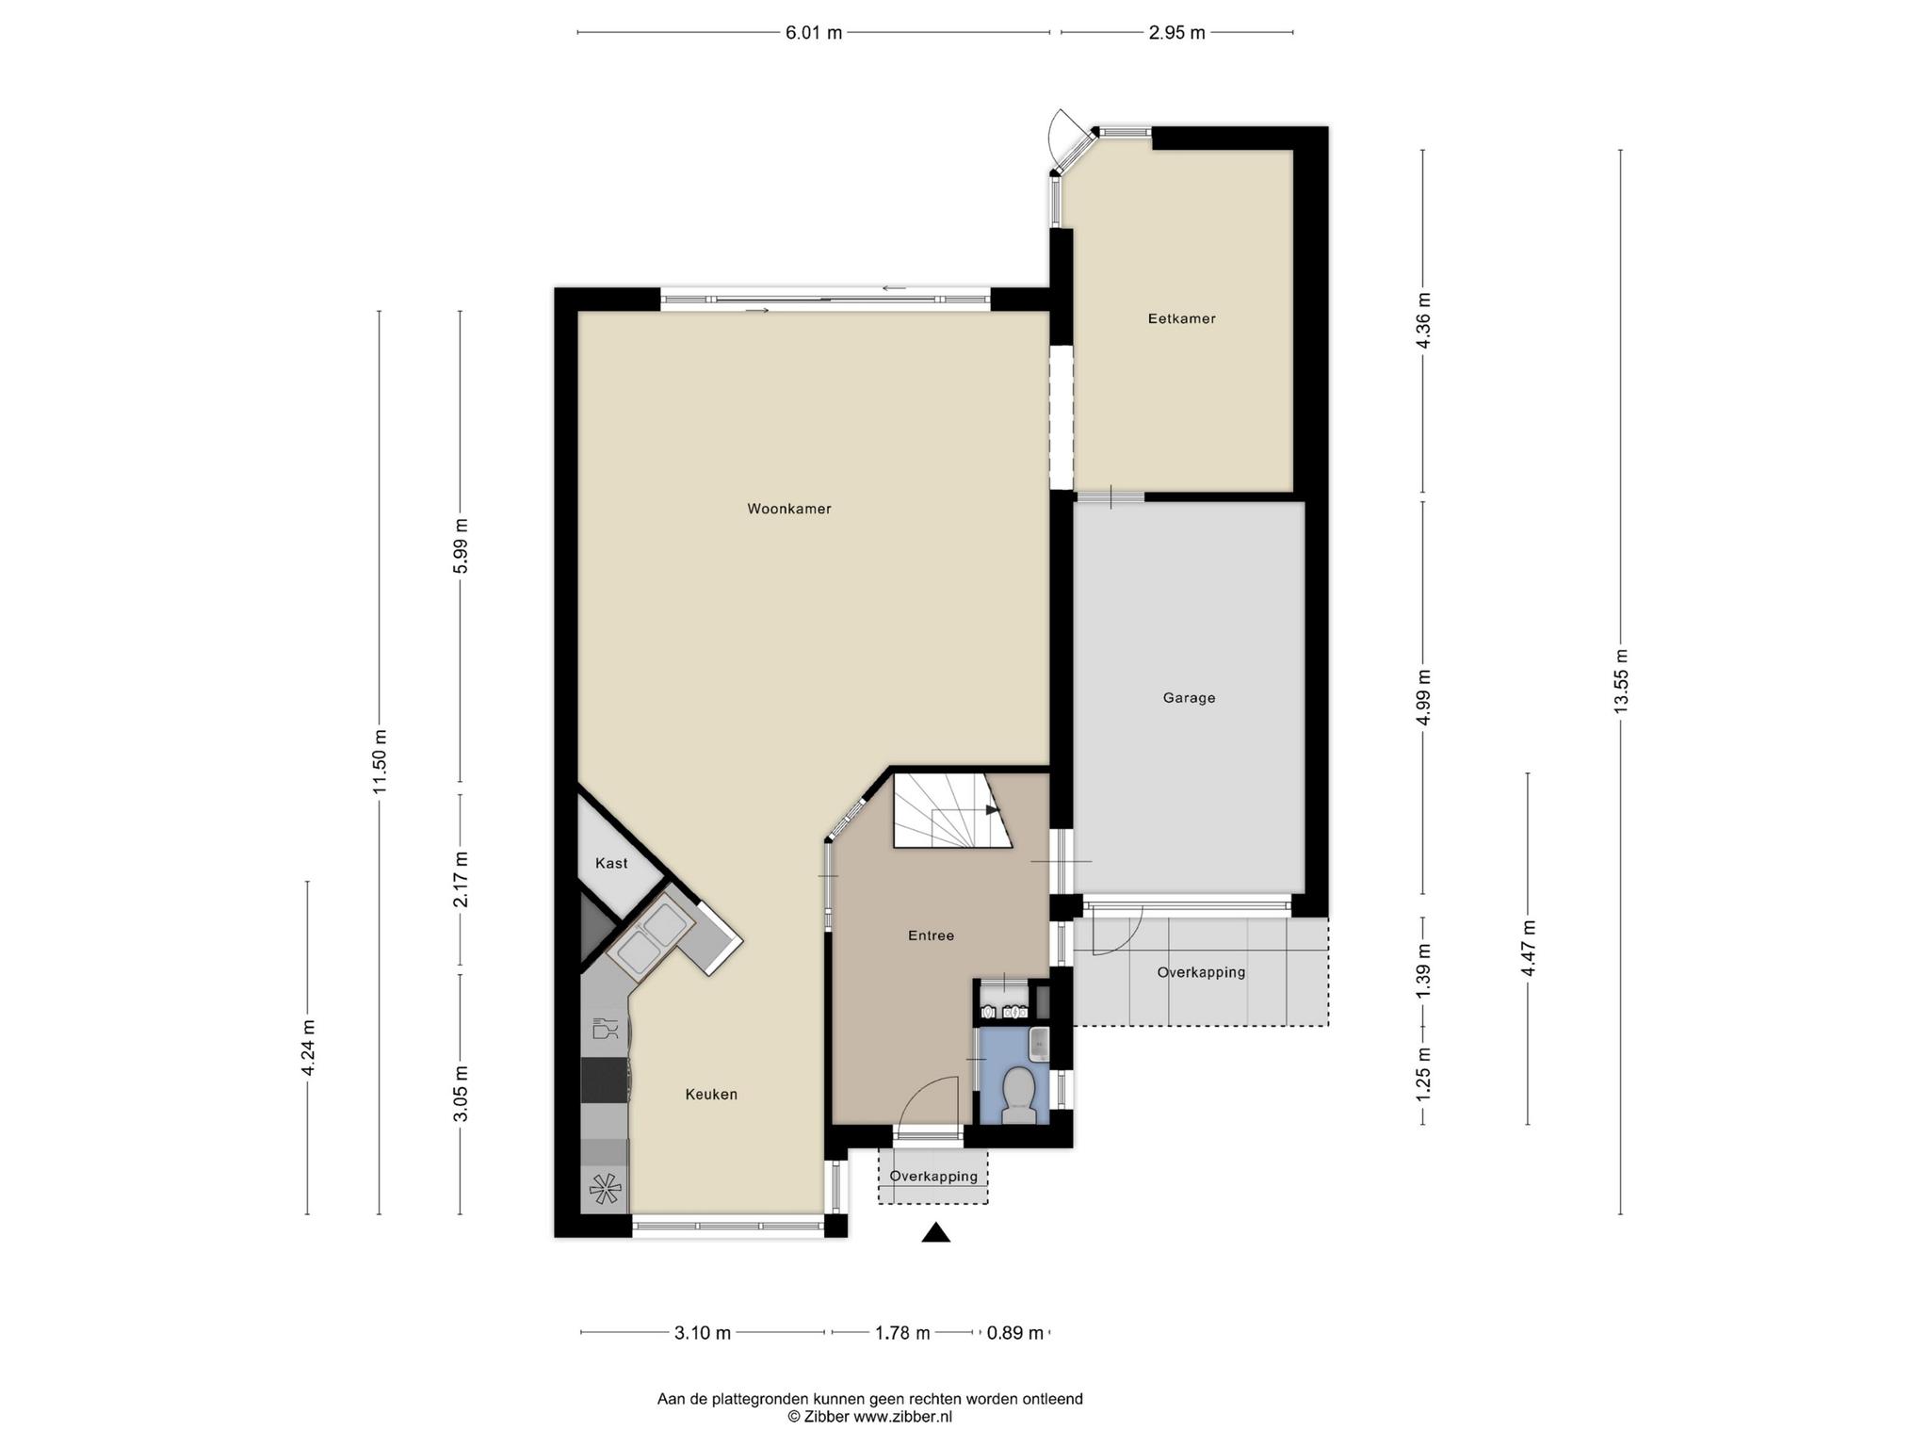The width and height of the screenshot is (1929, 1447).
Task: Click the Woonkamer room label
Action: (789, 509)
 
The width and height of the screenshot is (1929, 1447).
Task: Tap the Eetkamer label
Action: (1181, 318)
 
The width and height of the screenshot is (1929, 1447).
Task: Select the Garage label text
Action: (1189, 698)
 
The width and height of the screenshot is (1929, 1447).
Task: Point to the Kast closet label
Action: (611, 863)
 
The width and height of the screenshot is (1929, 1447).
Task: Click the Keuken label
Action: (711, 1095)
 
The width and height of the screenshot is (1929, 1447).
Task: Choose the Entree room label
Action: (931, 935)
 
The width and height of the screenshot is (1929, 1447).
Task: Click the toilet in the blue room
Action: (1018, 1096)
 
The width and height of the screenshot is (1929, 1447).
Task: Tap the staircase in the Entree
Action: (952, 810)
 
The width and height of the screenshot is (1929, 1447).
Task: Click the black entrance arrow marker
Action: (935, 1232)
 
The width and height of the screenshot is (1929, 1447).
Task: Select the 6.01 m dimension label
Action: (814, 33)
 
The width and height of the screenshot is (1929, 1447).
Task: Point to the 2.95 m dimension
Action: (1176, 33)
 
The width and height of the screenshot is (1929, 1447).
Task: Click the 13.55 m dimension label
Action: (1620, 681)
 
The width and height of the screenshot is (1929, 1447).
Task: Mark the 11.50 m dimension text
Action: (380, 761)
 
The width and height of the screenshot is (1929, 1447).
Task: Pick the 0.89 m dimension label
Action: (1014, 1333)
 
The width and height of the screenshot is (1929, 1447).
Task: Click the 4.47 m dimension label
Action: (1528, 948)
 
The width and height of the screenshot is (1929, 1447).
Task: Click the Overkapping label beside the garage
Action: (1201, 972)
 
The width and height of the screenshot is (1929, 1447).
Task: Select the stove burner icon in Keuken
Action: (605, 1189)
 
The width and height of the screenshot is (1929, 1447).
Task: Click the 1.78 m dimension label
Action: (902, 1333)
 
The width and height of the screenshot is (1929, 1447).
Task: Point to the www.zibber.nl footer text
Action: (902, 1416)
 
